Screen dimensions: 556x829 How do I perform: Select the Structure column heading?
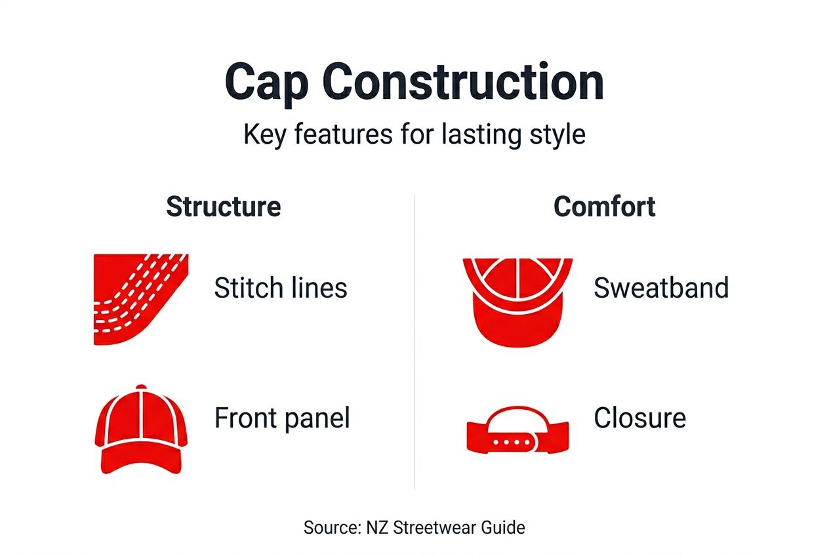(x=224, y=207)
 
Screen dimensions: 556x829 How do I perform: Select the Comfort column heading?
(x=604, y=207)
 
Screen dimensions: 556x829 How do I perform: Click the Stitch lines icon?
(x=140, y=299)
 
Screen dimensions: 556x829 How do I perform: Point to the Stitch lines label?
(x=281, y=288)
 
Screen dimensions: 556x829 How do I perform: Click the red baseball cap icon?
(x=141, y=429)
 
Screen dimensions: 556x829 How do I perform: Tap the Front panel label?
(x=282, y=418)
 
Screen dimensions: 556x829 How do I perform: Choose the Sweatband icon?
(x=517, y=301)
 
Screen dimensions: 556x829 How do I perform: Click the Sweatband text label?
(x=661, y=288)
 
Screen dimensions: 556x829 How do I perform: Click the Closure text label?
(x=639, y=418)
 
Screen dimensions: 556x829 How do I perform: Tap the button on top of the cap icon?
(x=141, y=387)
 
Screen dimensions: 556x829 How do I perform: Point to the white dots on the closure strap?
(x=512, y=443)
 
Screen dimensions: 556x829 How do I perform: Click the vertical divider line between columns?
(x=415, y=341)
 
